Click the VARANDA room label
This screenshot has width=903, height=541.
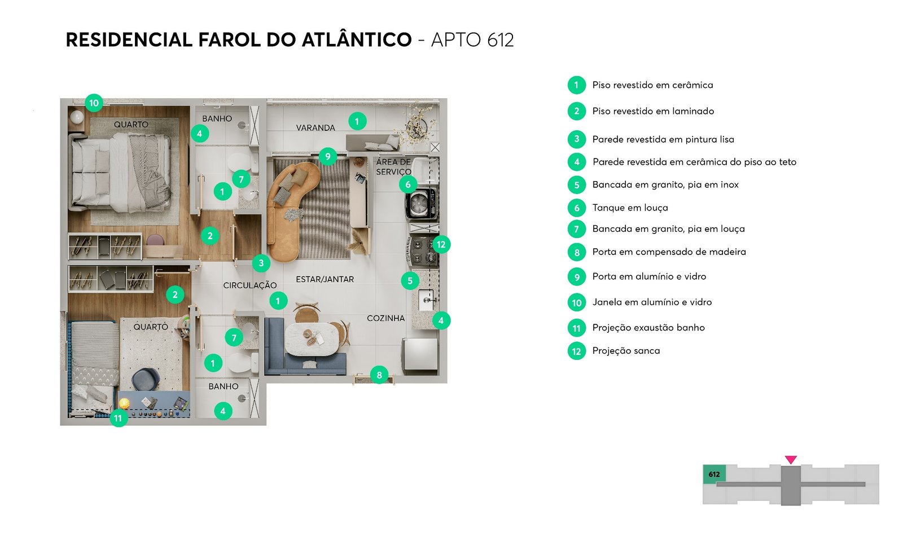point(315,128)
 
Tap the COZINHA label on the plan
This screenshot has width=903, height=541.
point(385,318)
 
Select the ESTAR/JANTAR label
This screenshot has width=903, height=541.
point(325,279)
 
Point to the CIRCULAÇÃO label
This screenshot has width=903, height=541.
point(250,285)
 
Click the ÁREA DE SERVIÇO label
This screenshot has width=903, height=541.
point(393,167)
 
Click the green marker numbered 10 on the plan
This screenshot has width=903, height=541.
point(94,103)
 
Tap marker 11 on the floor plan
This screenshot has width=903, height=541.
point(118,418)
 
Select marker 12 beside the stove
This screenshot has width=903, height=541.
point(441,244)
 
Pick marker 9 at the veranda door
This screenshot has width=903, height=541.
point(327,156)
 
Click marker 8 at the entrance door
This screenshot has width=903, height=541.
point(379,375)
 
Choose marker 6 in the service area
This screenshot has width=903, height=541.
point(408,184)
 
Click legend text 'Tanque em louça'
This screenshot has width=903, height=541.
point(630,208)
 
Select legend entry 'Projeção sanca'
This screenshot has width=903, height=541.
point(626,351)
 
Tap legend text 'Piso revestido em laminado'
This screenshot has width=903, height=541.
point(653,111)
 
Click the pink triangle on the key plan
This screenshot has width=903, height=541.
point(791,460)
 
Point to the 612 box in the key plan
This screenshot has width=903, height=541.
point(714,474)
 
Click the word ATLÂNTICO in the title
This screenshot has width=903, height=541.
point(357,40)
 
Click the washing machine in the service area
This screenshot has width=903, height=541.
point(420,204)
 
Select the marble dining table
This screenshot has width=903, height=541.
point(312,339)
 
